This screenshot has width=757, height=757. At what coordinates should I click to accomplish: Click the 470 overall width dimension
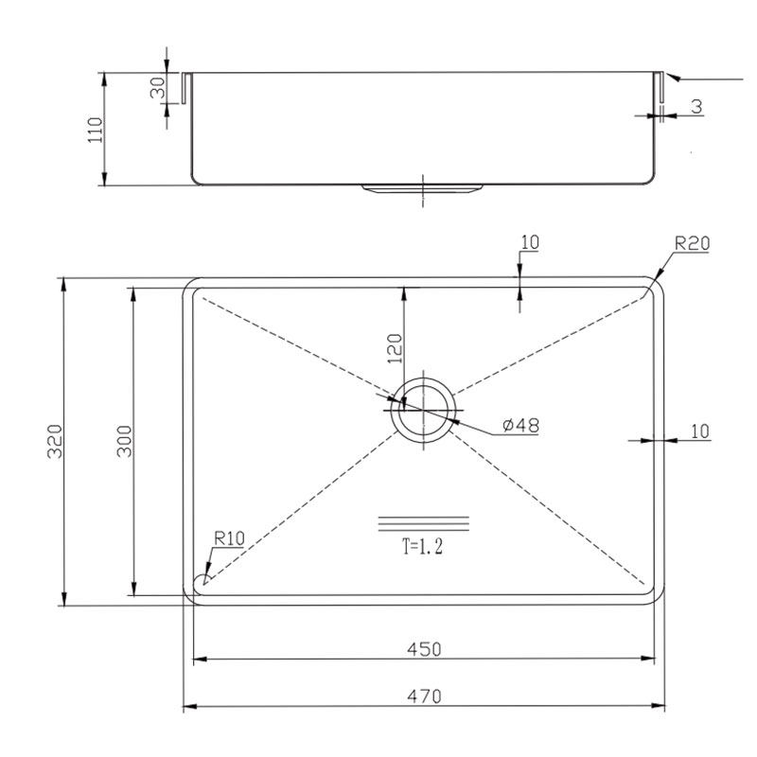[x=424, y=696]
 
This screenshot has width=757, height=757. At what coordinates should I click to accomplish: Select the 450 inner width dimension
[x=424, y=649]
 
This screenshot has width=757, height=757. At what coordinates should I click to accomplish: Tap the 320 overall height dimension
[x=55, y=441]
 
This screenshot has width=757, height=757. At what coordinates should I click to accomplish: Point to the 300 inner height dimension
[x=124, y=441]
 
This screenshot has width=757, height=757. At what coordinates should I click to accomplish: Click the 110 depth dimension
[x=96, y=130]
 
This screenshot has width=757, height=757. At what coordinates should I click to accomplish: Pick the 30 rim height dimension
[x=158, y=88]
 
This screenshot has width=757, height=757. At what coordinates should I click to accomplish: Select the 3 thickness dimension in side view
[x=696, y=106]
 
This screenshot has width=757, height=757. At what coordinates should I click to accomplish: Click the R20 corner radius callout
[x=692, y=243]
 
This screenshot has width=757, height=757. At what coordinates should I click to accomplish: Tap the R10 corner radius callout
[x=229, y=537]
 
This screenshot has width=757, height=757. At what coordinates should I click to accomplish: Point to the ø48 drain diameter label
[x=520, y=425]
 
